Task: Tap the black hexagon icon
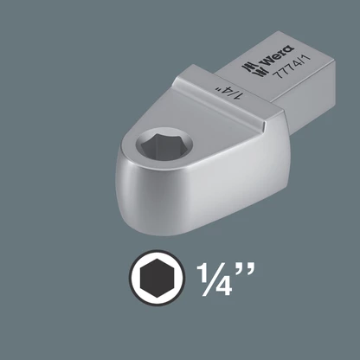tap(157, 278)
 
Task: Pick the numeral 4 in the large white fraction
tap(224, 287)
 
